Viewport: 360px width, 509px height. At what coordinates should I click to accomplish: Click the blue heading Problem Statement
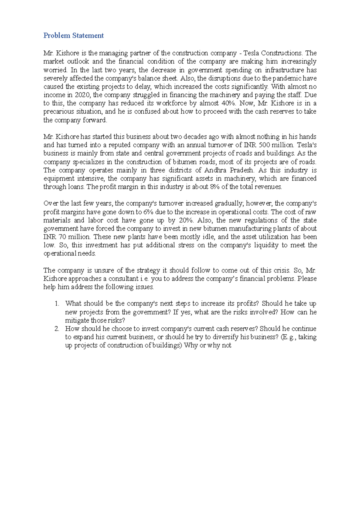pos(73,35)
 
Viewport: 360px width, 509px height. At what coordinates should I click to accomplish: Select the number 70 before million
pos(62,237)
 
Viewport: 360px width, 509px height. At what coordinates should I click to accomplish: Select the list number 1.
pos(57,304)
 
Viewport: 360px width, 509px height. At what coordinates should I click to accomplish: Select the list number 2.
pos(57,329)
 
